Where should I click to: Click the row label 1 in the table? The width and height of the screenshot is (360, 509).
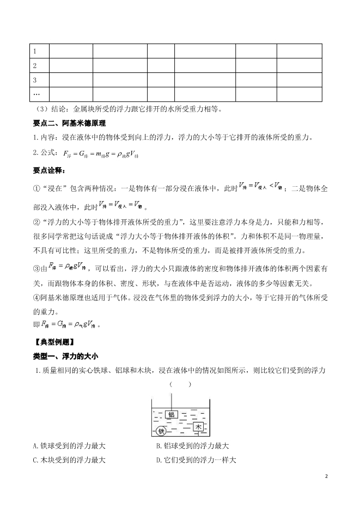(x=35, y=51)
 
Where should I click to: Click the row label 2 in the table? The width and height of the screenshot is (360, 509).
(x=35, y=66)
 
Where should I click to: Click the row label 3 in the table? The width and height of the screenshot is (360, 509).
(x=35, y=80)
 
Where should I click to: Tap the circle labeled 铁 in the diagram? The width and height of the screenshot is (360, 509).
(x=161, y=431)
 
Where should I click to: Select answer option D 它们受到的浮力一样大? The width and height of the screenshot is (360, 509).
(x=196, y=459)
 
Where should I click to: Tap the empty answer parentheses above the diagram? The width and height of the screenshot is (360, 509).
(x=180, y=384)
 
